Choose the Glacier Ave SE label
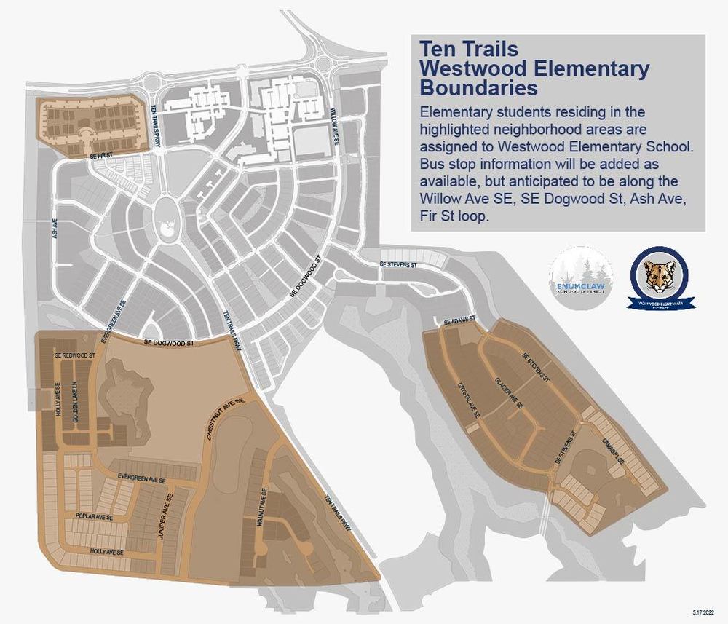tap(508, 394)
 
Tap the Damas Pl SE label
tap(612, 451)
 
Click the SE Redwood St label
tap(75, 355)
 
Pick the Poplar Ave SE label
tap(94, 516)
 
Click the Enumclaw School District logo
tap(581, 278)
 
